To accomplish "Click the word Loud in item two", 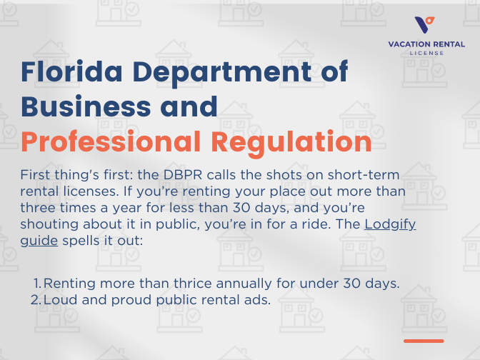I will click(59, 299).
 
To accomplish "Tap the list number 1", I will click(36, 283).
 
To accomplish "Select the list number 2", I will click(35, 299).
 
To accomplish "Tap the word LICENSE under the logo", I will click(426, 53).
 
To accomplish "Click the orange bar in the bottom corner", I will click(424, 341).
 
